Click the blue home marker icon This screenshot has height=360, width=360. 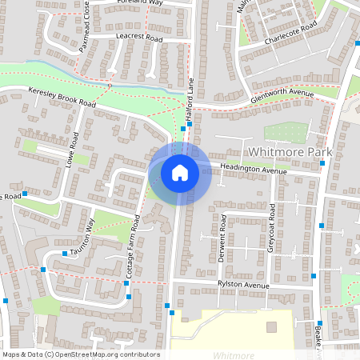coord(180,172)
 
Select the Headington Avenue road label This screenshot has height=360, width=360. coord(254,170)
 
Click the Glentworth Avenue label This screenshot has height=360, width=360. coord(281,95)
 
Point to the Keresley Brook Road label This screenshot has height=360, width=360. coord(61,98)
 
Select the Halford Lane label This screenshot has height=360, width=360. coord(190,104)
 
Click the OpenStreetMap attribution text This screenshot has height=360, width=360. coord(80,354)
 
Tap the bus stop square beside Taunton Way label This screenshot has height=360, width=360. coord(65,254)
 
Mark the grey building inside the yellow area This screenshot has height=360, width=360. coord(271,326)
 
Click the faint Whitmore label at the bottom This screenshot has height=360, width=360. coord(234,355)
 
